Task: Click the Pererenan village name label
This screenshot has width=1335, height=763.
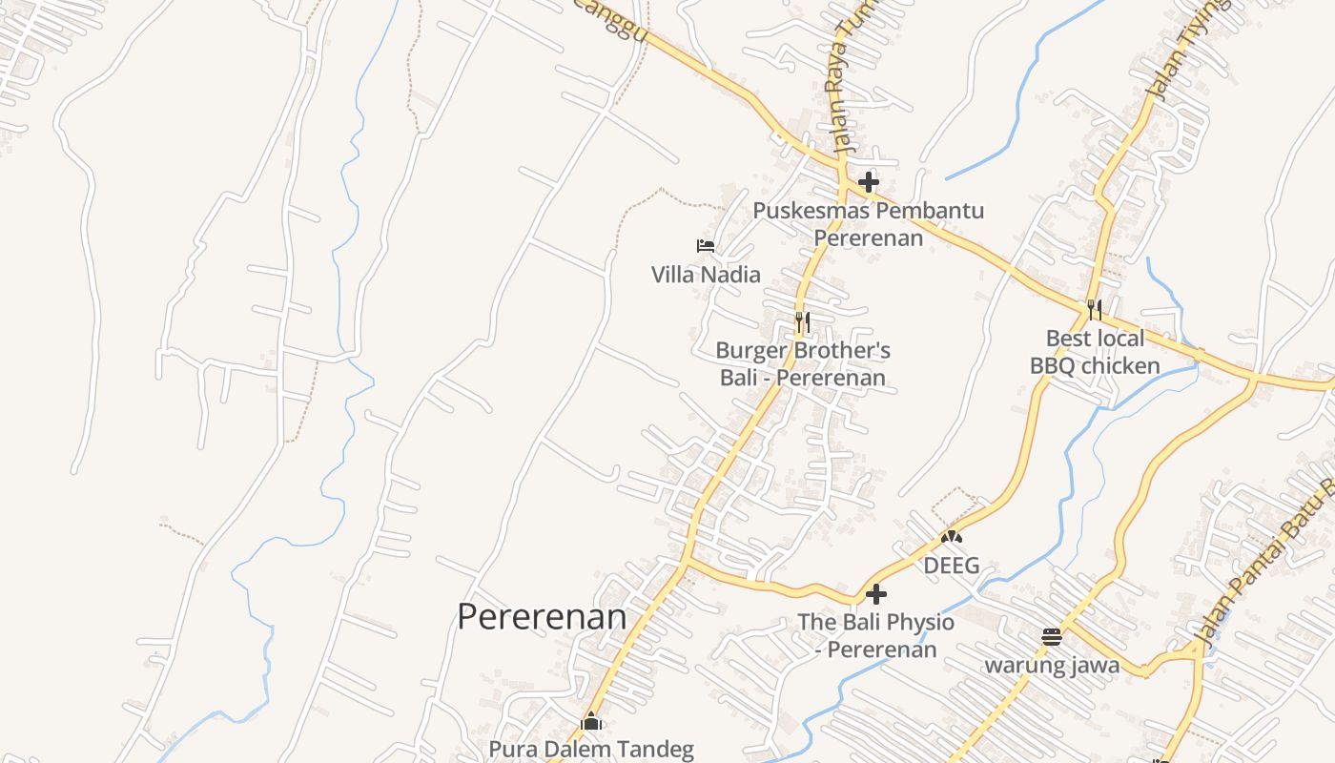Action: coord(542,617)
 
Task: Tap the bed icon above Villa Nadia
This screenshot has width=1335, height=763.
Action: coord(706,246)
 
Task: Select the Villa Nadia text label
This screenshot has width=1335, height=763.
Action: coord(706,275)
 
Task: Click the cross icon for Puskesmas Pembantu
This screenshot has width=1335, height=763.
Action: coord(868,181)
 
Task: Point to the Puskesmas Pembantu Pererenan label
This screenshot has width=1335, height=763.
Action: coord(868,224)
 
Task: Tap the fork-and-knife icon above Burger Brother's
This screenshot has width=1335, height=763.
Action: coord(803,322)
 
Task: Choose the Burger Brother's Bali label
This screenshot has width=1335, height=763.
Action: coord(803,364)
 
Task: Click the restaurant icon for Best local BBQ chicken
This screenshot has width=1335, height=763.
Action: coord(1094,310)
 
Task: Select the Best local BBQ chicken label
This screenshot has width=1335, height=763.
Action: coord(1095,352)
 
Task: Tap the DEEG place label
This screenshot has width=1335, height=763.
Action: coord(952,566)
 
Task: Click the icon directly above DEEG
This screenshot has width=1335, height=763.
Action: coord(952,538)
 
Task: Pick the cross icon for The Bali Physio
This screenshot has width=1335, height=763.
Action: coord(875,595)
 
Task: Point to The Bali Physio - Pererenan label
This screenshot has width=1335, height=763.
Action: coord(875,636)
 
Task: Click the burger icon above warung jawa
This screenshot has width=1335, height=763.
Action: coord(1052,637)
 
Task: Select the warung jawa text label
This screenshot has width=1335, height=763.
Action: coord(1052,665)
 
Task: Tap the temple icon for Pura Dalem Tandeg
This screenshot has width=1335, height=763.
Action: coord(592,721)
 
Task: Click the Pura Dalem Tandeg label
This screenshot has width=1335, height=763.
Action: coord(591,749)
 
